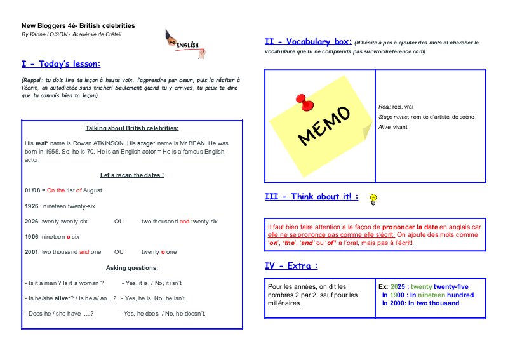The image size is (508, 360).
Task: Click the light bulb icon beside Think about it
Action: click(374, 198)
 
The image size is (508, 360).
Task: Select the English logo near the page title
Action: click(182, 42)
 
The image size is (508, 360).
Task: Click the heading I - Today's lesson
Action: click(61, 64)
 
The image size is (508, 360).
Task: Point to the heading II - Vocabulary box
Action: click(308, 42)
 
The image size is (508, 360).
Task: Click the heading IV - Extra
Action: click(291, 265)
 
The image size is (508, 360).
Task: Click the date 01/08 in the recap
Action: click(32, 190)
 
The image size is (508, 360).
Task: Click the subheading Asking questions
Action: click(132, 267)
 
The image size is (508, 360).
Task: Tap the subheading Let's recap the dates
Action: click(132, 175)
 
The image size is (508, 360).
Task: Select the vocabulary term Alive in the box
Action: click(385, 127)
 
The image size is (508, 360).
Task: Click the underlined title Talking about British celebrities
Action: click(132, 128)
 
